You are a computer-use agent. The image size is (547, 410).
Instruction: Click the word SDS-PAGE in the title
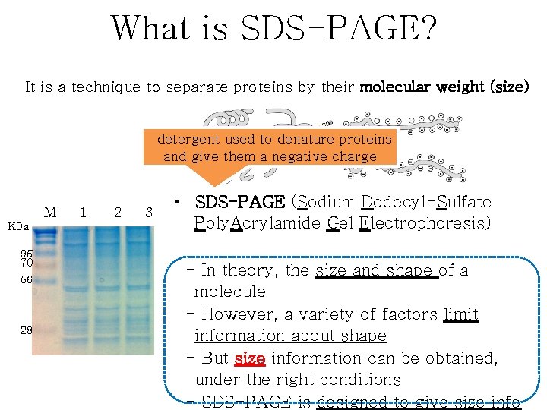338,28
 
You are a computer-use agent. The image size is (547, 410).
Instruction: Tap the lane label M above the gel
50,213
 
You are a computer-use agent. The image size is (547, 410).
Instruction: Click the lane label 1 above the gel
83,213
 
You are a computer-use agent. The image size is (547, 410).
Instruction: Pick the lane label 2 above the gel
117,213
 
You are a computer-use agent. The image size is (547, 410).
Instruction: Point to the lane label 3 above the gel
150,213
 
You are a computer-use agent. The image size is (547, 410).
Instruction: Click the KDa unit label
18,226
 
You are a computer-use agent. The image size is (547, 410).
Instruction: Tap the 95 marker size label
27,254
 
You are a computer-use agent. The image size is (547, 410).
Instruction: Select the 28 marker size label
27,330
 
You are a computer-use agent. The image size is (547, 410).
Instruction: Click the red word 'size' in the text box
250,358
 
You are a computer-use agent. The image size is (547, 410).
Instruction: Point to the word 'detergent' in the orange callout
188,140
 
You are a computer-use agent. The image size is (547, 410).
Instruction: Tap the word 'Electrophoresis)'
428,223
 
